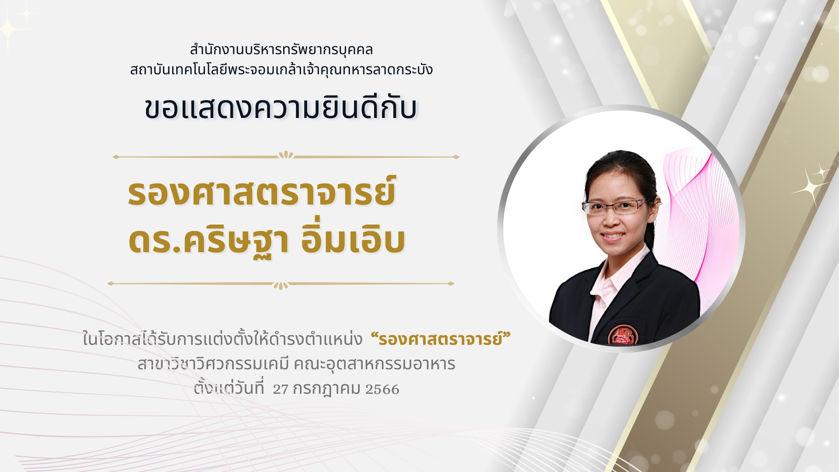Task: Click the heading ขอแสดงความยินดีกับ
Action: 281,107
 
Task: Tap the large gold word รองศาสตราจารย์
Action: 262,192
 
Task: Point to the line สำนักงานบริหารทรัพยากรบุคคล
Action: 281,49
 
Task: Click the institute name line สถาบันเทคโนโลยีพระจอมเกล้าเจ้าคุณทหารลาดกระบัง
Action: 281,69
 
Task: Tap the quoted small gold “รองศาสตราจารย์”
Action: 440,339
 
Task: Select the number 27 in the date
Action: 281,389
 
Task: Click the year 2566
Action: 382,389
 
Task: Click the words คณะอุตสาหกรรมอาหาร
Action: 374,364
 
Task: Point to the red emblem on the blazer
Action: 623,335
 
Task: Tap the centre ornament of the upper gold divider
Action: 286,155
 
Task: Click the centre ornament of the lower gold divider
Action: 281,285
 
